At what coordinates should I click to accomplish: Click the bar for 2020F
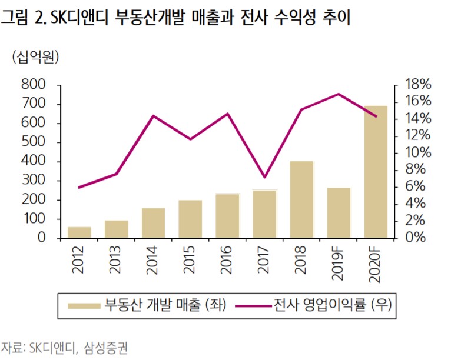[375, 172]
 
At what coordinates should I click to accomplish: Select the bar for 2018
[301, 199]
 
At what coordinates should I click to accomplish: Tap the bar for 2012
[79, 232]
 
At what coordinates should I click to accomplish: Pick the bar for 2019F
[339, 213]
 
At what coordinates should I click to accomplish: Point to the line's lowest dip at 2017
[264, 177]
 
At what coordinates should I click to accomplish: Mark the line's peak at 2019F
[339, 94]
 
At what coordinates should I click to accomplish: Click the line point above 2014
[153, 116]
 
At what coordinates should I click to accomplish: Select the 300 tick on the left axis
[33, 181]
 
